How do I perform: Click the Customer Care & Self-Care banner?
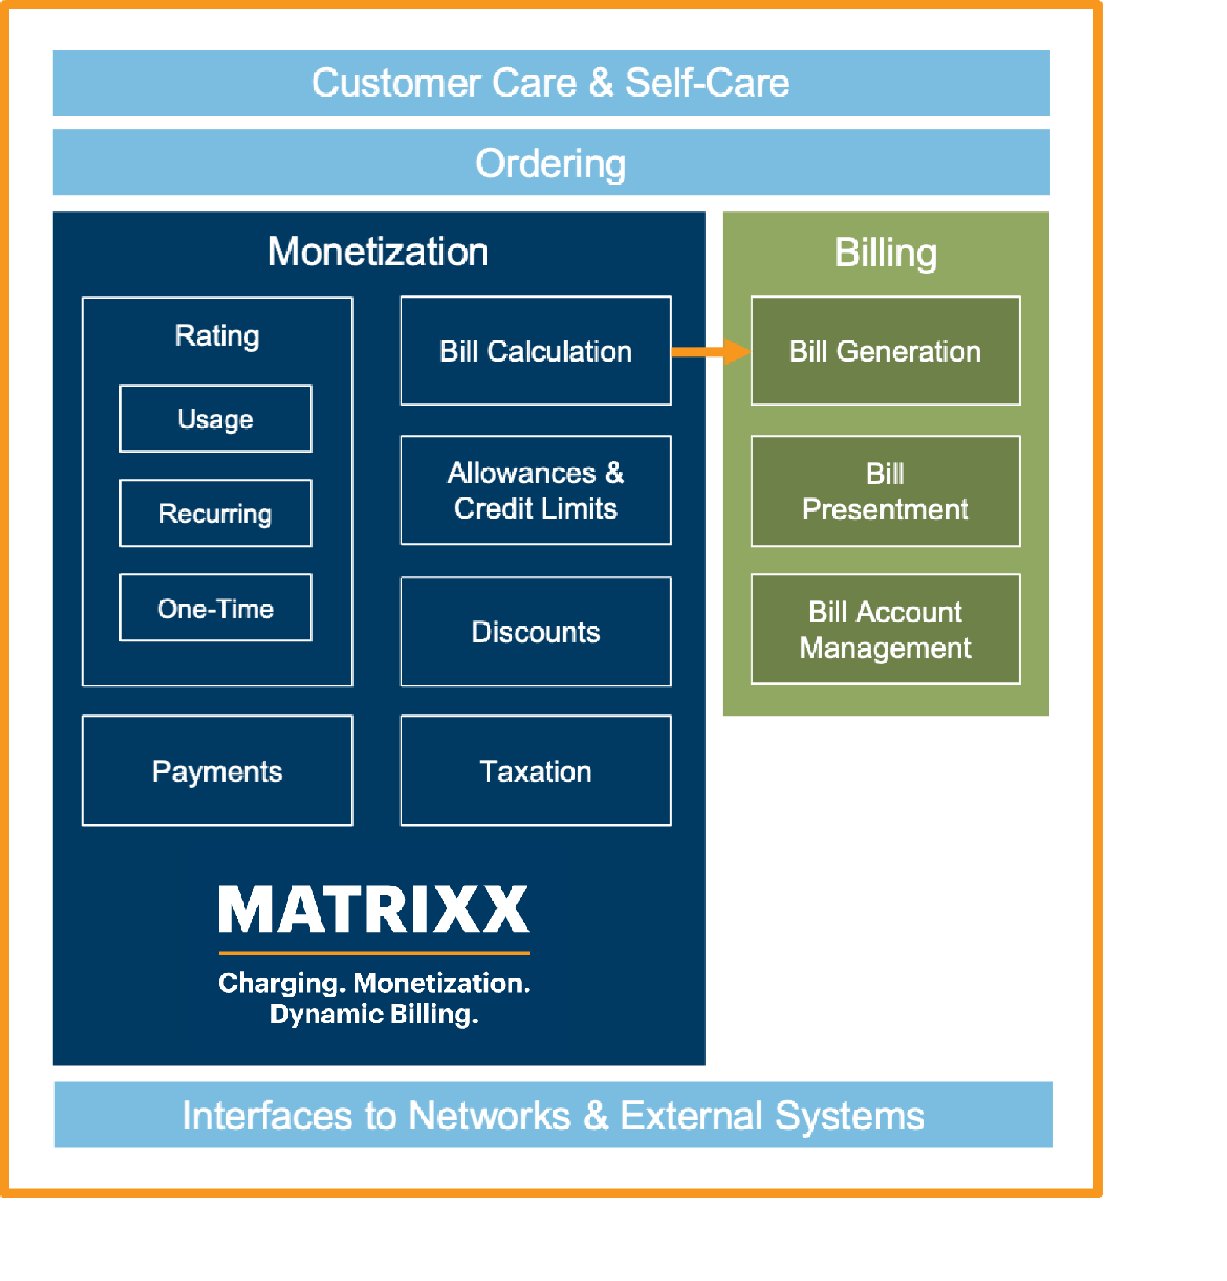click(550, 83)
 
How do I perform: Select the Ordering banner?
click(550, 163)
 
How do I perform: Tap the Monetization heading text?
click(378, 251)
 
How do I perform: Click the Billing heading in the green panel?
click(885, 252)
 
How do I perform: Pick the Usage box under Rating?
click(215, 419)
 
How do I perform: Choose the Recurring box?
click(215, 513)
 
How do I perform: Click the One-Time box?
click(215, 608)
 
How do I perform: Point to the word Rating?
click(217, 336)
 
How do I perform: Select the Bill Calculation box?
click(535, 351)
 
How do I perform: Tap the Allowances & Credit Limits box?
click(535, 490)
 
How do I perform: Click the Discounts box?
click(535, 632)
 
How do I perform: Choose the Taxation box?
click(535, 771)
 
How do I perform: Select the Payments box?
click(217, 771)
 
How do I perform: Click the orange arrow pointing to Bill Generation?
click(711, 351)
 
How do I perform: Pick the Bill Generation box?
click(885, 351)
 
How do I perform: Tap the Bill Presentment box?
click(885, 491)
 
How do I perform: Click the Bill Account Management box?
click(885, 629)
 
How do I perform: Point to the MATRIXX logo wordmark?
click(374, 910)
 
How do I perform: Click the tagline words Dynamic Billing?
click(374, 1015)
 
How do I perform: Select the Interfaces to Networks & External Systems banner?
click(553, 1115)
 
